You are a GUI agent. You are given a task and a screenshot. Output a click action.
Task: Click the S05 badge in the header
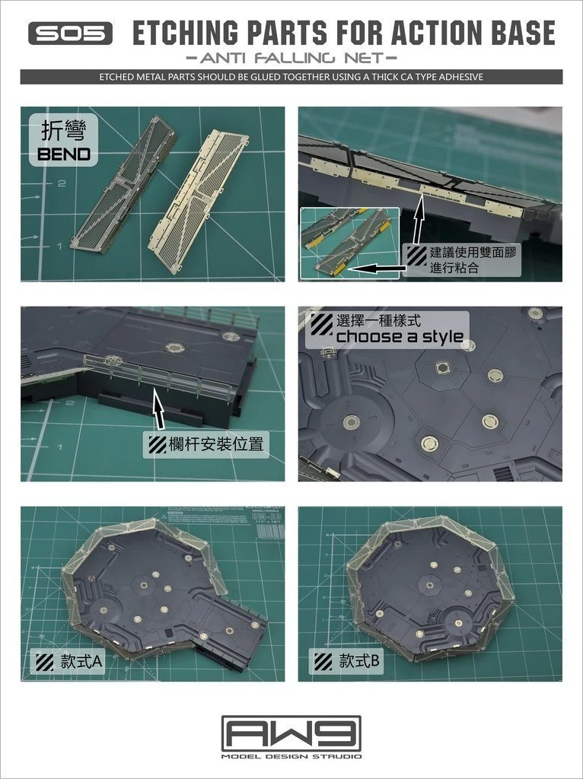point(71,33)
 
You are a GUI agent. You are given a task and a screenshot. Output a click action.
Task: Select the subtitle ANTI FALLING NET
point(291,58)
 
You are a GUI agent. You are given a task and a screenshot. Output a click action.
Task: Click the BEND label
point(64,154)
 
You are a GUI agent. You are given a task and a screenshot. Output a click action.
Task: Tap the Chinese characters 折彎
point(64,132)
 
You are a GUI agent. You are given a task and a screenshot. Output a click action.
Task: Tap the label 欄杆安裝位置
point(206,444)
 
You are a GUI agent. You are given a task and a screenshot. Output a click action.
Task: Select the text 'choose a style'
point(399,337)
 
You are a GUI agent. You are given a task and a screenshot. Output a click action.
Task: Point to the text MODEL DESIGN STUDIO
point(291,756)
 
